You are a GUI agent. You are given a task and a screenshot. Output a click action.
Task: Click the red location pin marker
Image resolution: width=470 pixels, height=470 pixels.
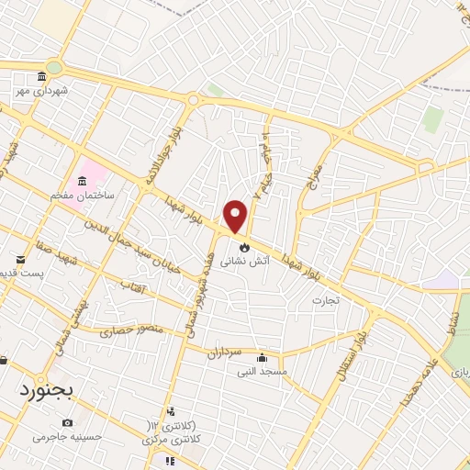236,216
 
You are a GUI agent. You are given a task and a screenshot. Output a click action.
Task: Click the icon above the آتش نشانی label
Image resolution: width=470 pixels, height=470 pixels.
243,247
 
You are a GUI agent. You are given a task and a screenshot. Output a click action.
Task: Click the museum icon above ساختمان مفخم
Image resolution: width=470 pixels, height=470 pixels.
84,178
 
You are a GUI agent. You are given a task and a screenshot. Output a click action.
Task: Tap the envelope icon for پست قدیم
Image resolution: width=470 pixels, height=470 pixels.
20,260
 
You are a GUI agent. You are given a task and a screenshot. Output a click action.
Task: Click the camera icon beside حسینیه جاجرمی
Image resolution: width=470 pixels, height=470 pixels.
67,422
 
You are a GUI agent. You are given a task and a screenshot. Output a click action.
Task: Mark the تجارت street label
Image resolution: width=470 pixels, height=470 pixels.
325,299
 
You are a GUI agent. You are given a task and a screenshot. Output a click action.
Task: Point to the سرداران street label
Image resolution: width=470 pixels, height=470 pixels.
222,352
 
